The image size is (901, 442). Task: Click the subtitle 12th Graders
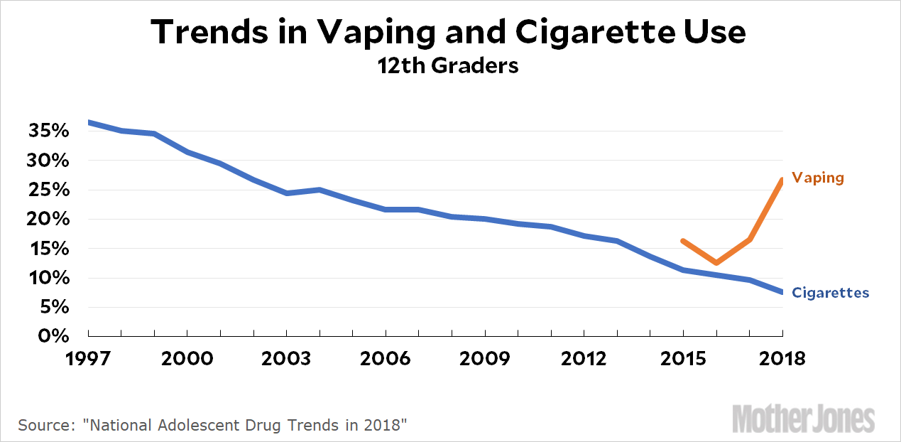pos(449,66)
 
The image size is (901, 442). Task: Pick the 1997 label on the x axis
pos(88,358)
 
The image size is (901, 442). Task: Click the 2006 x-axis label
pos(386,358)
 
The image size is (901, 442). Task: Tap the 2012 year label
pos(584,358)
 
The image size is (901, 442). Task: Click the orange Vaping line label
pos(818,178)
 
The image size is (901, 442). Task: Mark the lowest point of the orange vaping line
pos(716,263)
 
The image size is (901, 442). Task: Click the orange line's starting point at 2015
pos(683,241)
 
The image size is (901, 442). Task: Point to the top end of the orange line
pos(782,180)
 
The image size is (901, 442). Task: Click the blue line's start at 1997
pos(89,122)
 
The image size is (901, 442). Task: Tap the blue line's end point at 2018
pos(782,292)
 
